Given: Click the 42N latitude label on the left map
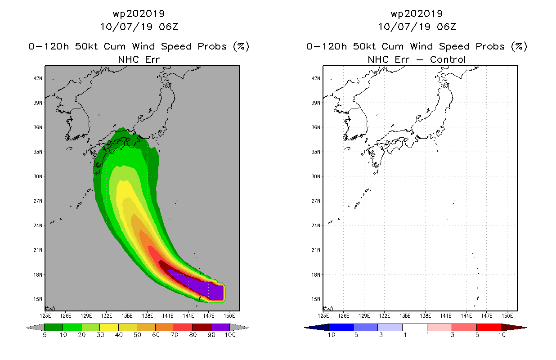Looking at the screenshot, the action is pyautogui.click(x=38, y=78).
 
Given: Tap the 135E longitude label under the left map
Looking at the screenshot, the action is pyautogui.click(x=127, y=316).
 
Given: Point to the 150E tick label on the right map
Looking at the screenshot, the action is pyautogui.click(x=507, y=316).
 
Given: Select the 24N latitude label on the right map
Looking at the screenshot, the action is pyautogui.click(x=316, y=225).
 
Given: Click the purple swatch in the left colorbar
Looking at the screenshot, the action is pyautogui.click(x=220, y=327).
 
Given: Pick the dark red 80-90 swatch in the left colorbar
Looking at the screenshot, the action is pyautogui.click(x=202, y=327).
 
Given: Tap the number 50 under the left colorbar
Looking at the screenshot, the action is pyautogui.click(x=137, y=335).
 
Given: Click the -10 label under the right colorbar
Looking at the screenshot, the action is pyautogui.click(x=329, y=335).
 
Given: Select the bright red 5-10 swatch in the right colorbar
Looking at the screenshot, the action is pyautogui.click(x=489, y=327).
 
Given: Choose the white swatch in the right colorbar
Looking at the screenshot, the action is pyautogui.click(x=415, y=327).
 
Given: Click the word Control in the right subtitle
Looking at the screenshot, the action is pyautogui.click(x=448, y=59).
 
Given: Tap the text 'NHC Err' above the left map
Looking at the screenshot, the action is pyautogui.click(x=139, y=59).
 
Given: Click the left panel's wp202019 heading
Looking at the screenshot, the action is pyautogui.click(x=139, y=13).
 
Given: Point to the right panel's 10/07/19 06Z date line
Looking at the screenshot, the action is pyautogui.click(x=417, y=27).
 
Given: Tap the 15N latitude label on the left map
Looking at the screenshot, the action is pyautogui.click(x=38, y=299).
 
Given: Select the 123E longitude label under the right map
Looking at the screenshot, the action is pyautogui.click(x=323, y=316).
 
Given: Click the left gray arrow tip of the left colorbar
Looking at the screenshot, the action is pyautogui.click(x=27, y=328).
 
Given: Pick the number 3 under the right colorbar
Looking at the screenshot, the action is pyautogui.click(x=452, y=335).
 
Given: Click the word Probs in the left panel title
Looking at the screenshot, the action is pyautogui.click(x=212, y=46).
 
